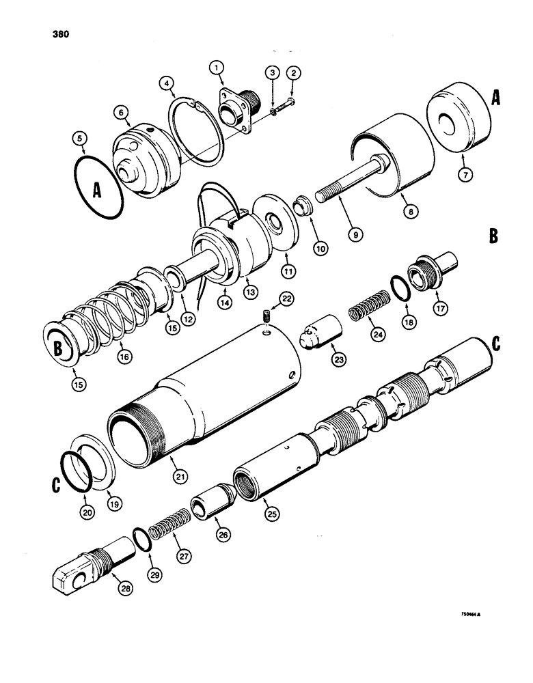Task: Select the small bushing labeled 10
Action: [301, 204]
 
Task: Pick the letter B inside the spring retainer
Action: [59, 348]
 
